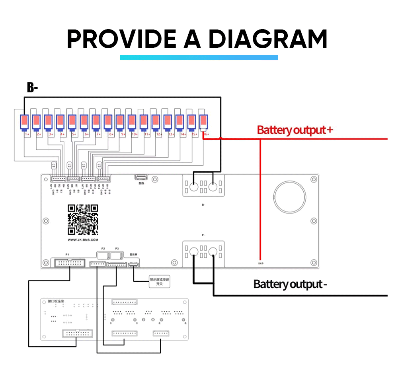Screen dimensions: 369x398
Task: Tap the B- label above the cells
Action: click(x=32, y=88)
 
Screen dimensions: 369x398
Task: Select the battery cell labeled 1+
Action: click(x=25, y=122)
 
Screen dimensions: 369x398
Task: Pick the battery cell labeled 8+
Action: click(x=108, y=122)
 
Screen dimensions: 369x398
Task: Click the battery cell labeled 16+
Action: click(x=204, y=122)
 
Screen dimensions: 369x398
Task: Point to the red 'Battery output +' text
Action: click(x=295, y=130)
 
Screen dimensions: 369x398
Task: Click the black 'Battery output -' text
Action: click(x=290, y=284)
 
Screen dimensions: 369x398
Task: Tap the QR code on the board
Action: click(x=83, y=219)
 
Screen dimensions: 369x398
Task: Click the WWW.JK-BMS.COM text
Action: click(x=83, y=240)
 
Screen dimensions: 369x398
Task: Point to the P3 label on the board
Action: click(x=117, y=248)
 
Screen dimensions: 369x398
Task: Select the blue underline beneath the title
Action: click(x=199, y=58)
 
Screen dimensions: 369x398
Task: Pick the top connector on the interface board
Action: click(x=125, y=302)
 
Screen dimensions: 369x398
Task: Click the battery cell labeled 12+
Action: click(x=156, y=122)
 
